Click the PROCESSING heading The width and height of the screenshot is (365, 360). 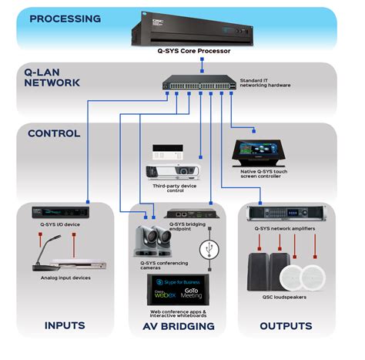point(65,17)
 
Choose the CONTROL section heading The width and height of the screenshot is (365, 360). point(54,133)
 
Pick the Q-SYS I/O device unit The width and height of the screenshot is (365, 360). point(62,211)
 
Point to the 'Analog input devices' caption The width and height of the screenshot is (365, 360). point(65,278)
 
